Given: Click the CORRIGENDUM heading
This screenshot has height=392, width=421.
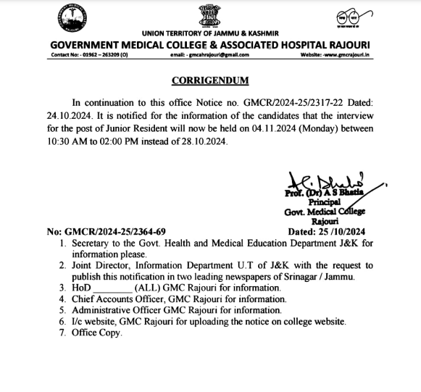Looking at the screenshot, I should click(x=210, y=80).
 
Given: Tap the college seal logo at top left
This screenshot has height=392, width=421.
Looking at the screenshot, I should click(x=69, y=19).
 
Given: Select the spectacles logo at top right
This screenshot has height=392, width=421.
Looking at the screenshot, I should click(x=352, y=17).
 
